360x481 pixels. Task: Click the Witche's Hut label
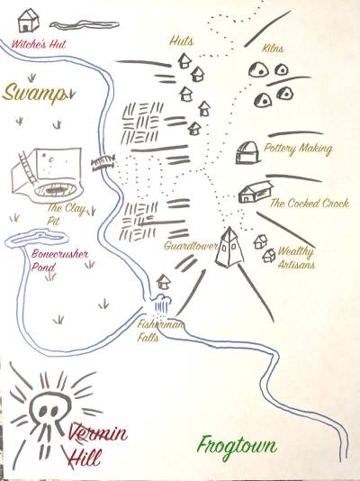39,44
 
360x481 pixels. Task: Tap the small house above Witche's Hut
28,20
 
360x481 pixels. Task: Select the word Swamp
34,92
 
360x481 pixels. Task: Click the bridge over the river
103,162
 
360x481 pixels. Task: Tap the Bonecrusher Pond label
59,260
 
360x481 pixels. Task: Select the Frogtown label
237,447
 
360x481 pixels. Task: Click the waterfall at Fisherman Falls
161,304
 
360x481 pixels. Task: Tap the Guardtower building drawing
229,247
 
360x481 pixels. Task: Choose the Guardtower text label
190,245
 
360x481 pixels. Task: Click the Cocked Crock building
256,192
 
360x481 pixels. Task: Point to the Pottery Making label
298,149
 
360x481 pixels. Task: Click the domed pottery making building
247,153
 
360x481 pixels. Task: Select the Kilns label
273,48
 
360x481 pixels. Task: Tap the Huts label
182,41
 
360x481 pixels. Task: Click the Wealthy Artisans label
296,258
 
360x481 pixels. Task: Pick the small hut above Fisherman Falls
163,282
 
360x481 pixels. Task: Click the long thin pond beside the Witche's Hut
84,25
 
